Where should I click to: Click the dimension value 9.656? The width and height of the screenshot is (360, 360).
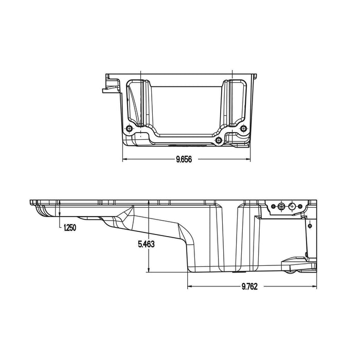pyautogui.click(x=183, y=160)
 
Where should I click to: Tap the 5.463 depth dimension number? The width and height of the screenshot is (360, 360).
pyautogui.click(x=146, y=245)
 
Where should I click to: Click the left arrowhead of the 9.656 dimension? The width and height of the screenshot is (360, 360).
pyautogui.click(x=124, y=160)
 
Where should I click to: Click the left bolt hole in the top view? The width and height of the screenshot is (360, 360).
pyautogui.click(x=129, y=129)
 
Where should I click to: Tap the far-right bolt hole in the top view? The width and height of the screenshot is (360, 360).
pyautogui.click(x=242, y=129)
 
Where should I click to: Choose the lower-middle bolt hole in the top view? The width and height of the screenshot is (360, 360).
pyautogui.click(x=219, y=139)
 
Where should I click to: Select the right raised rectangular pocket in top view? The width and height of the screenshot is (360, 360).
pyautogui.click(x=234, y=103)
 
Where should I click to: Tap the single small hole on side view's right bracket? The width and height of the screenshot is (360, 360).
pyautogui.click(x=310, y=225)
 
